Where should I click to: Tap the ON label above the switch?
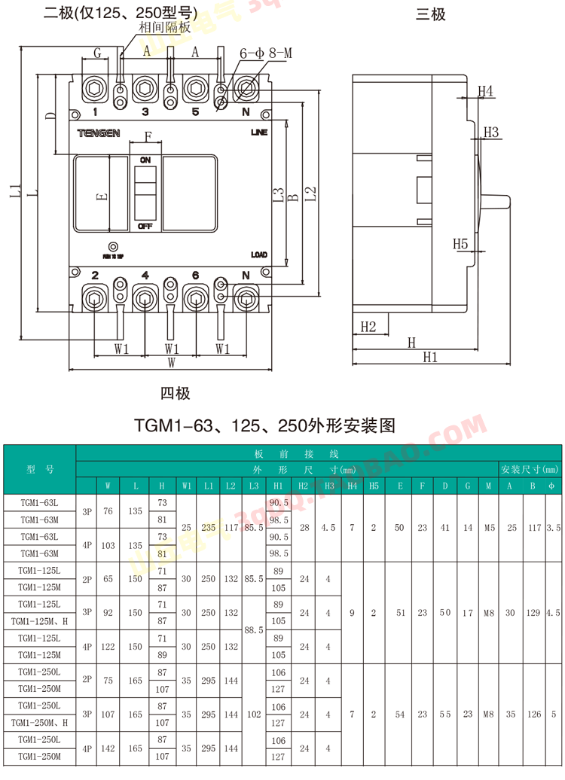tap(145, 160)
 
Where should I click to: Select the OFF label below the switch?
tap(145, 226)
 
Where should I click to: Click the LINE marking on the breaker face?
tap(258, 133)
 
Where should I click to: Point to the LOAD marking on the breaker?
tap(258, 255)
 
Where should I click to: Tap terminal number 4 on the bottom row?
tap(145, 276)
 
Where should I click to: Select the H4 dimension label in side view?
tap(486, 91)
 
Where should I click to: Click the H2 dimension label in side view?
tap(368, 326)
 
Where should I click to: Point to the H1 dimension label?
tap(430, 358)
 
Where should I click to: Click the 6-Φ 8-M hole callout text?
tap(265, 53)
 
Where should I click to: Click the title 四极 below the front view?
tap(175, 393)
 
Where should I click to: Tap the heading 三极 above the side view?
tap(431, 14)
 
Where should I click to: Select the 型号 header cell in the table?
tap(40, 469)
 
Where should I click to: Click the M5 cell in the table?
tap(489, 528)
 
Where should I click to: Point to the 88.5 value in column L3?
tap(254, 629)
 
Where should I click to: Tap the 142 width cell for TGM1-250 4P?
tap(108, 748)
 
